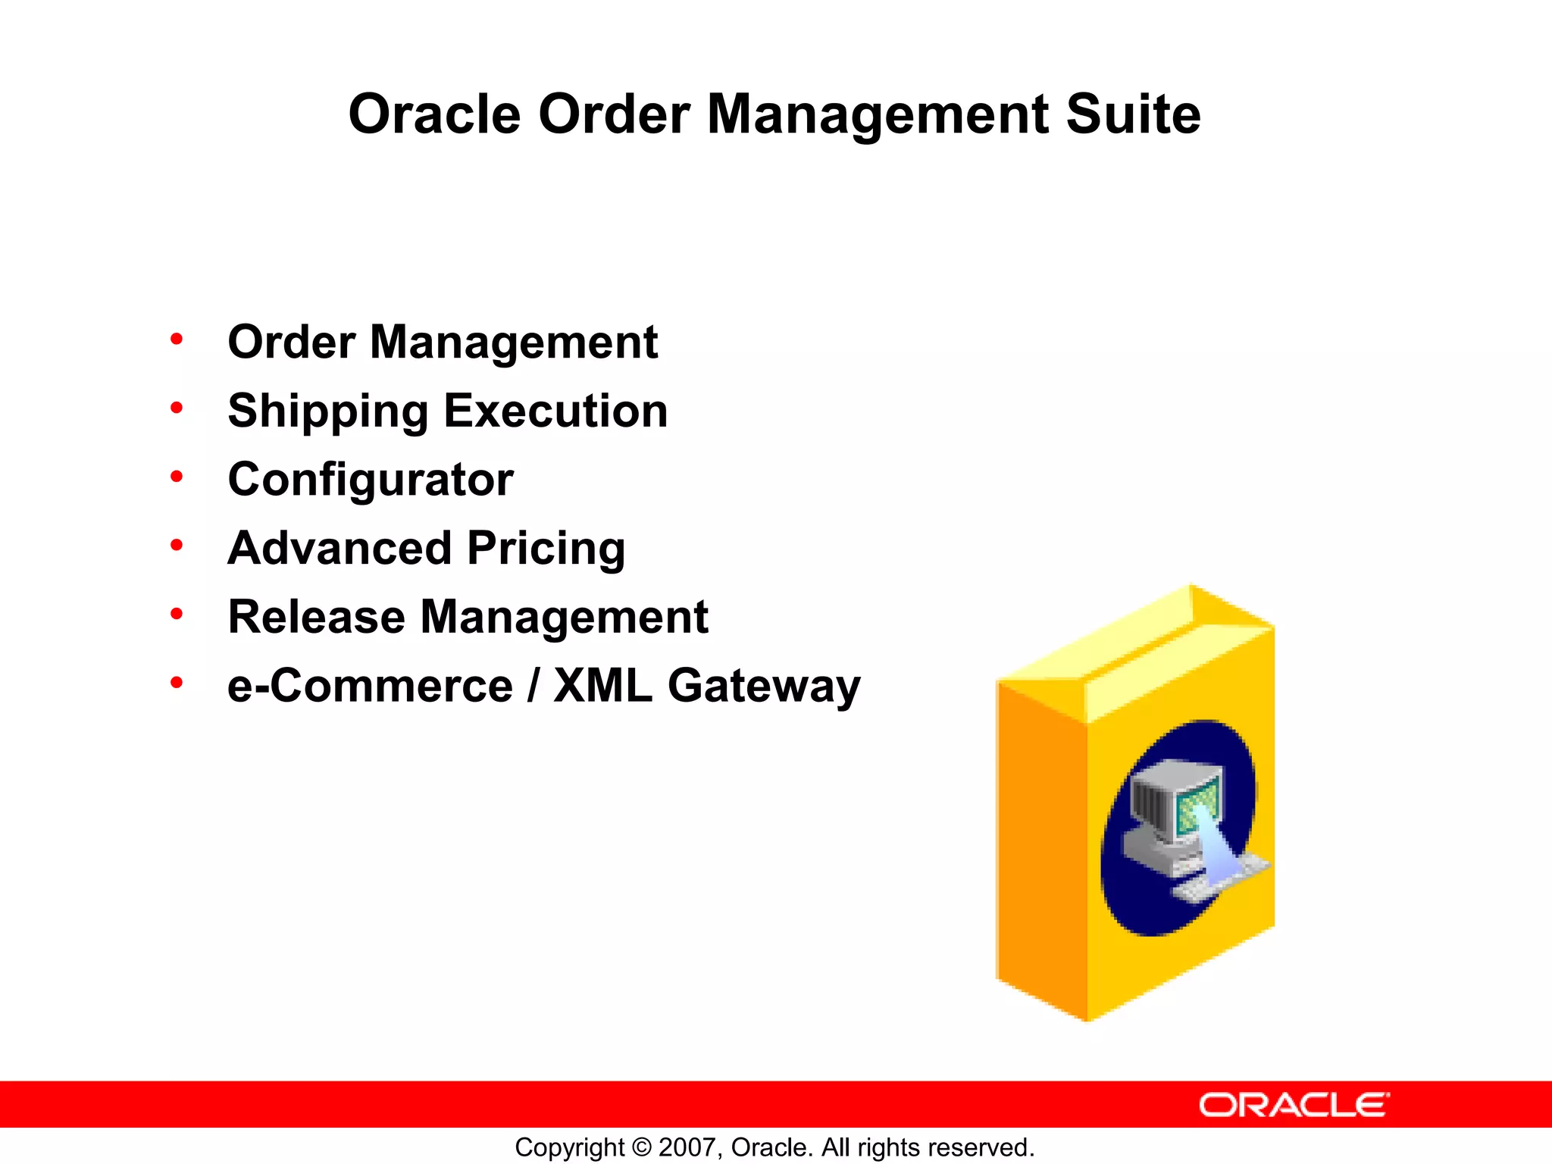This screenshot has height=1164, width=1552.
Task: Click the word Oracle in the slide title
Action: coord(434,114)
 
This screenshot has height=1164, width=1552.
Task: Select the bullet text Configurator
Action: coord(371,480)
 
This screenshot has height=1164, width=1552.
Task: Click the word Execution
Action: coord(555,411)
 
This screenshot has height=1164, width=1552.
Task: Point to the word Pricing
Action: coord(546,549)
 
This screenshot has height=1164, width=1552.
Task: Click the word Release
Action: coord(316,617)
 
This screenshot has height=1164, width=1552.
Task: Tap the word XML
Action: coord(602,686)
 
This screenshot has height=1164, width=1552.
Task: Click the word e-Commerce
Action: coord(370,686)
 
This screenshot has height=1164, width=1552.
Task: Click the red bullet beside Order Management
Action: coord(177,339)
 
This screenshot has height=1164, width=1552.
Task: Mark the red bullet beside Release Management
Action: coord(177,614)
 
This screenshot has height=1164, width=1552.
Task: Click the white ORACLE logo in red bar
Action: coord(1294,1105)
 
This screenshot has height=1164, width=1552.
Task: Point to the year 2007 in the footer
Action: coord(687,1147)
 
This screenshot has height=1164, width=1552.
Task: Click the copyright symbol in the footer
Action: coord(641,1147)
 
